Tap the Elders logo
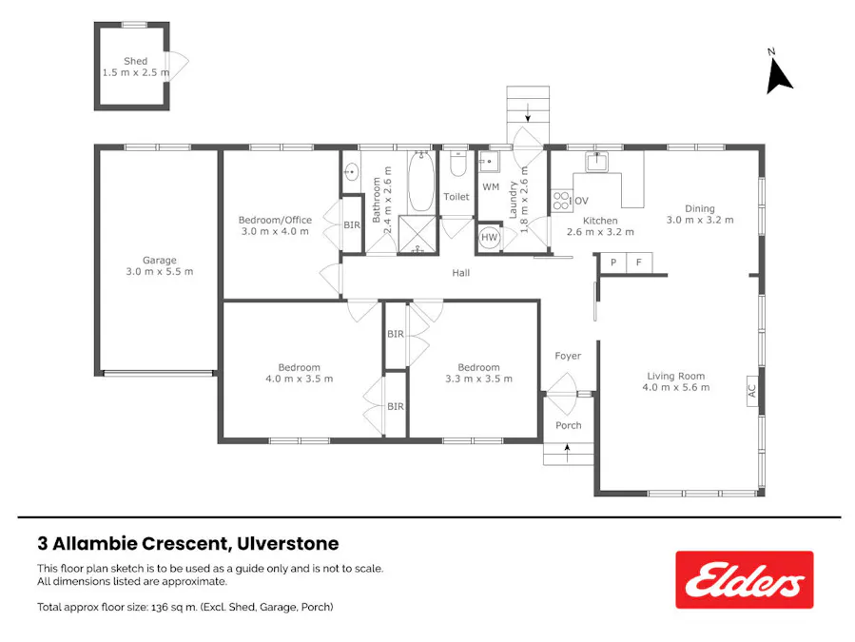745,579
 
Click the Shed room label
135,61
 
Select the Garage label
160,260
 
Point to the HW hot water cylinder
490,238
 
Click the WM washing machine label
490,186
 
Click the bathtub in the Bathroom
421,182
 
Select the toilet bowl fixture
457,166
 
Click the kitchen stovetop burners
561,201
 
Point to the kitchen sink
596,162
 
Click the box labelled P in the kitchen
613,263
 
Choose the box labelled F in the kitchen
639,263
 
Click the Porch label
568,425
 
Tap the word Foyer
568,356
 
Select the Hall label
461,273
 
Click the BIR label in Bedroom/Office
352,225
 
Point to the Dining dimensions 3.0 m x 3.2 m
700,220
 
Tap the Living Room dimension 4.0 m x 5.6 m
676,387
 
